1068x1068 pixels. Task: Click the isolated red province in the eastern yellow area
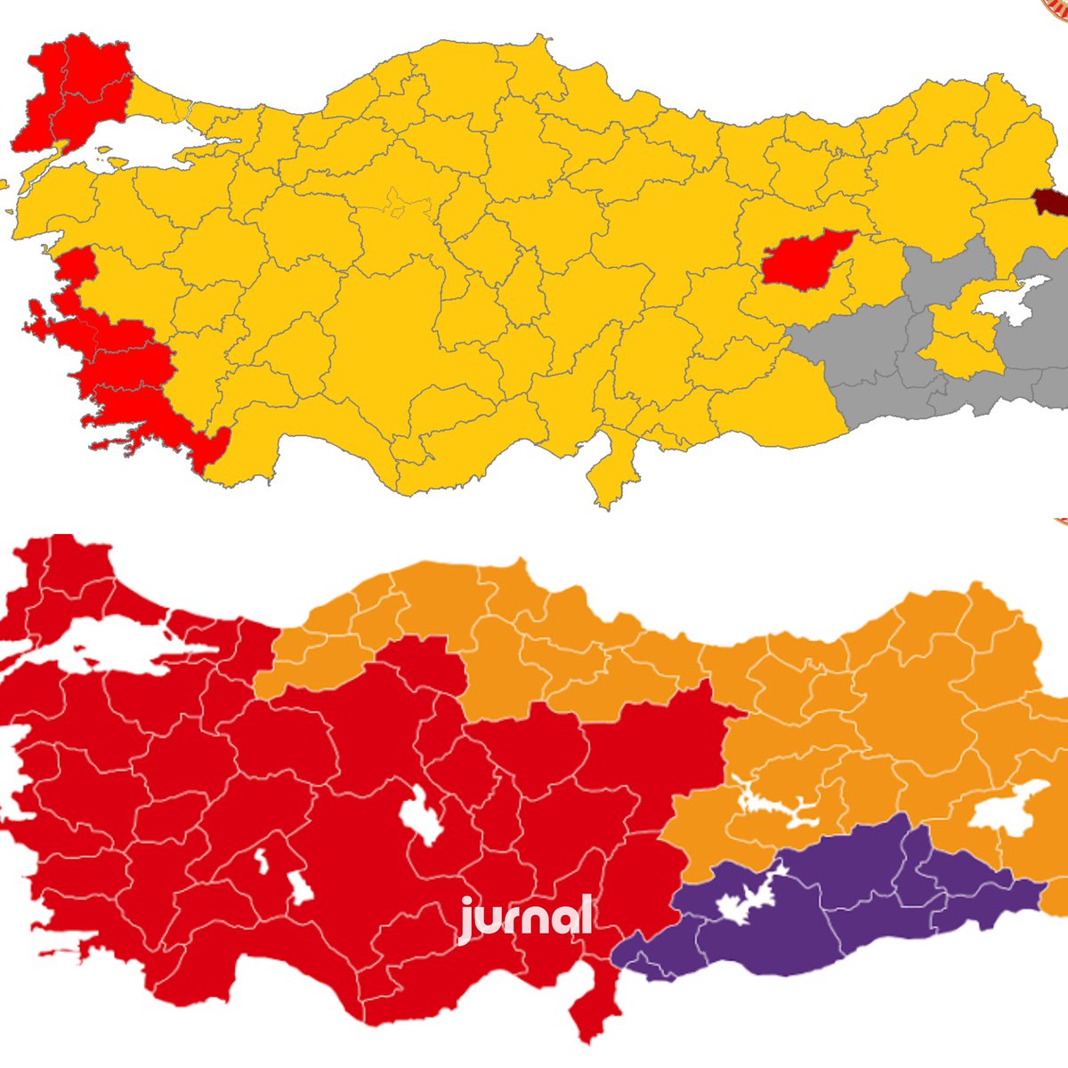pyautogui.click(x=805, y=261)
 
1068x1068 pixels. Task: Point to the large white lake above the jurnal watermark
pyautogui.click(x=421, y=814)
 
